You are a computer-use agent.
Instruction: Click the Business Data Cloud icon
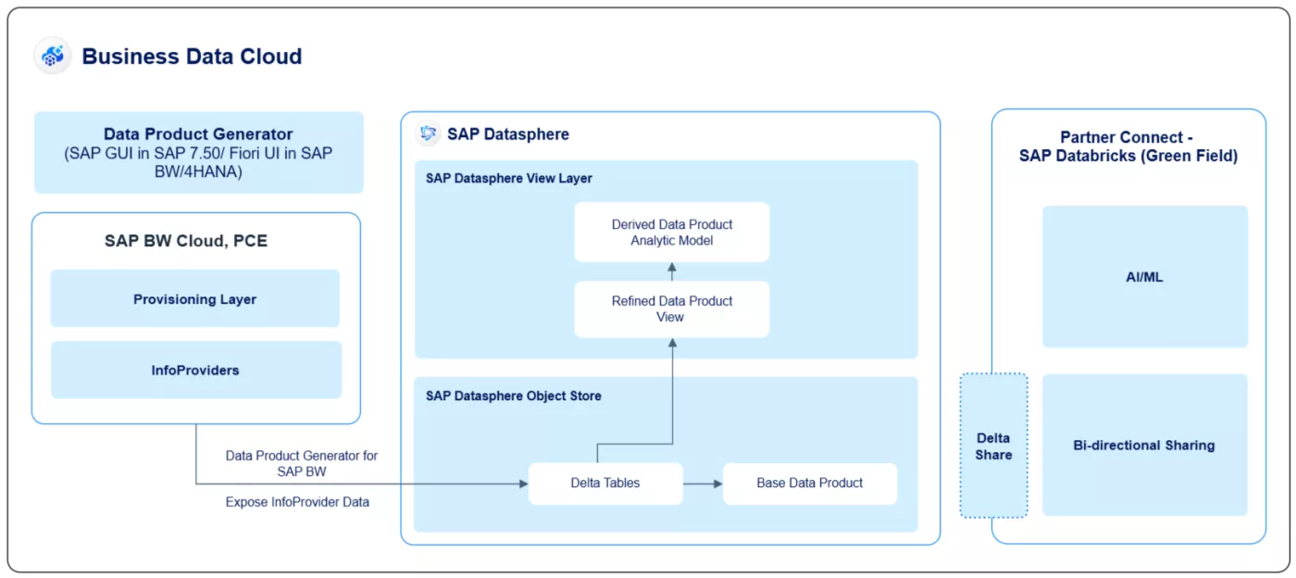tap(53, 56)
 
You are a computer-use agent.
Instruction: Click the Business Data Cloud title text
tap(192, 57)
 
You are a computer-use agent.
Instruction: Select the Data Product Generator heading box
tap(198, 153)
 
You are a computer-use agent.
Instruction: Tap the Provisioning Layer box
tap(194, 299)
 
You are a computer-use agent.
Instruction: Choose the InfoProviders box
tap(195, 371)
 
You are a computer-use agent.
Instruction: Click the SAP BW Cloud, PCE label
tap(186, 241)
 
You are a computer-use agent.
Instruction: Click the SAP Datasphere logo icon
tap(428, 133)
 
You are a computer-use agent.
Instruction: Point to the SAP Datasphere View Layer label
tap(509, 178)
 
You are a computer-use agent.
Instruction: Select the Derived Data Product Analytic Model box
tap(671, 232)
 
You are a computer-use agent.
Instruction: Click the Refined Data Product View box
tap(671, 308)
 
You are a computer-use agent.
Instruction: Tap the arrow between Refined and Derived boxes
tap(672, 271)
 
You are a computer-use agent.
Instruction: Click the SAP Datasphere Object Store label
tap(514, 396)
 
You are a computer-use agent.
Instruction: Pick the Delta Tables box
tap(604, 484)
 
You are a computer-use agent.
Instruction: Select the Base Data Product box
tap(809, 484)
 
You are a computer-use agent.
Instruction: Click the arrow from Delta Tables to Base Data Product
tap(703, 484)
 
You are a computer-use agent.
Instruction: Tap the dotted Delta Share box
tap(993, 446)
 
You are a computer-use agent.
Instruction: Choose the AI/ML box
tap(1144, 277)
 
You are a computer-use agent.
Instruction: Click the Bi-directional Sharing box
tap(1144, 446)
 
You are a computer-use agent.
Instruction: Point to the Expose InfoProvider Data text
tap(297, 502)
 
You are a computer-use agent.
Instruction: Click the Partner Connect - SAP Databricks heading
tap(1128, 146)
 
